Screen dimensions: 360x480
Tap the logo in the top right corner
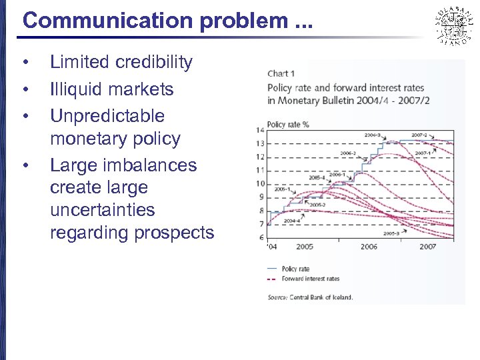click(x=454, y=25)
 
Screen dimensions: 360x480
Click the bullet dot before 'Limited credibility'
click(x=25, y=63)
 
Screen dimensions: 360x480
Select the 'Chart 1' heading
click(x=281, y=73)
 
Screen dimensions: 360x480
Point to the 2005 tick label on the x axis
click(x=305, y=247)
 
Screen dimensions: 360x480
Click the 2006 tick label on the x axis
click(x=369, y=247)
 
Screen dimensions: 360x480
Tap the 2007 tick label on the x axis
click(x=427, y=247)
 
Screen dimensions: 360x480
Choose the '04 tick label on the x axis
click(x=272, y=247)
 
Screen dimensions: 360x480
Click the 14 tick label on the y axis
click(x=261, y=130)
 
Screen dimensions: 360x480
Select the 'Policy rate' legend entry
click(x=295, y=269)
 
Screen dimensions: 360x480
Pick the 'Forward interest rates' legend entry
click(x=310, y=279)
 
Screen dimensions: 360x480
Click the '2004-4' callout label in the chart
click(x=291, y=221)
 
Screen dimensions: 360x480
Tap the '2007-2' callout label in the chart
click(x=419, y=135)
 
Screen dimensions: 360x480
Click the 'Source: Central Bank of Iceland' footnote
click(x=310, y=297)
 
